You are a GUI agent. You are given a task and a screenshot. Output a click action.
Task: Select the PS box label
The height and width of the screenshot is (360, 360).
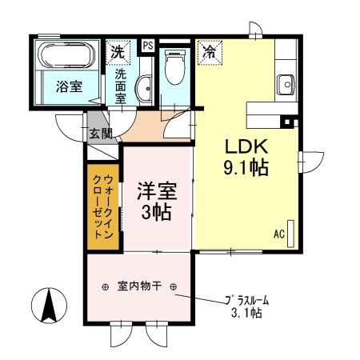pos(148,46)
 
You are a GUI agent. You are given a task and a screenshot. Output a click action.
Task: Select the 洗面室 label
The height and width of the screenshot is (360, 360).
pos(121,86)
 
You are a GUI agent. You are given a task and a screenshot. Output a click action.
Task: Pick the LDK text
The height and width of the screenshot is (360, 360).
pos(245,150)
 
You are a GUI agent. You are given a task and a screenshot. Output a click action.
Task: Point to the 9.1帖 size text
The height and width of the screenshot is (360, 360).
pos(245,170)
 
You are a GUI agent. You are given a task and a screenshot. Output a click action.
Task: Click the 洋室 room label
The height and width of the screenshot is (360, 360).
pos(157,192)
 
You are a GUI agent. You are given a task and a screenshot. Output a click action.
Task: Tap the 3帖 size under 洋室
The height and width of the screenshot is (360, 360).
pos(157,213)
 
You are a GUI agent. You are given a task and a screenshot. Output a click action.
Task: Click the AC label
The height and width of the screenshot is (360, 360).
pos(279,234)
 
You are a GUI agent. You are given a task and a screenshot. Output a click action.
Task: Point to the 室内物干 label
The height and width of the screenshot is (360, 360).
pos(139,286)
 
